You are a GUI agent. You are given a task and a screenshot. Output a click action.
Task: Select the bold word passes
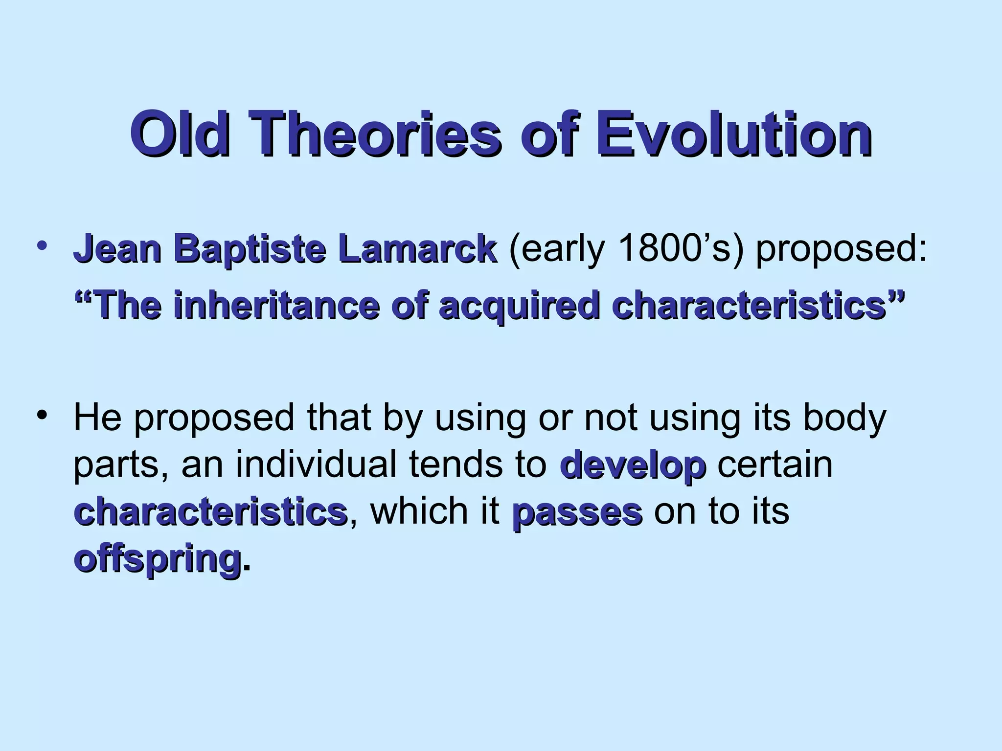[577, 512]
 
